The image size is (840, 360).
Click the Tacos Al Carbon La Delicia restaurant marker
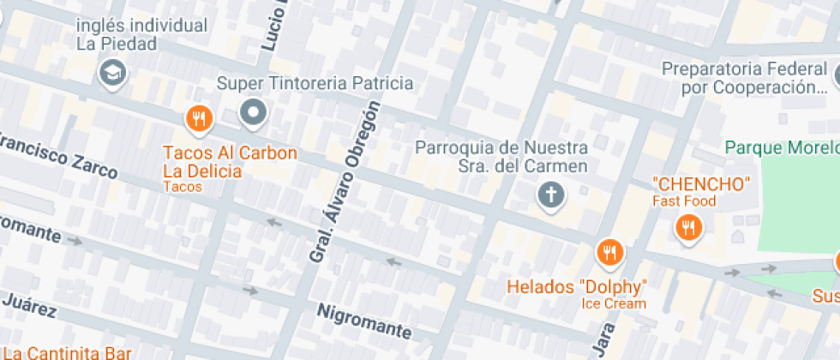tap(199, 119)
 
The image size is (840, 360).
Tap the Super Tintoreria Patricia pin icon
tap(253, 112)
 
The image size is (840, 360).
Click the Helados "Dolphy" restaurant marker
tap(609, 252)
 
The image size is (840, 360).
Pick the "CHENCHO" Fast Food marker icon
tap(688, 227)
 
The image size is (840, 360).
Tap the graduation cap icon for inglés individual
tap(112, 73)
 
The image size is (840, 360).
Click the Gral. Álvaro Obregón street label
tap(344, 181)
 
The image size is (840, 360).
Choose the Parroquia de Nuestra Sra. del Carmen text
tap(501, 157)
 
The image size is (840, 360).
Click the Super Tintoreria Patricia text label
tap(315, 83)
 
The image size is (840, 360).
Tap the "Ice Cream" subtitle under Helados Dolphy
tap(614, 303)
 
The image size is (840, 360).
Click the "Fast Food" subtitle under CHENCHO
tap(683, 201)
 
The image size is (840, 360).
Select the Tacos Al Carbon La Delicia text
tap(230, 162)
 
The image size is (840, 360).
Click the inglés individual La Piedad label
tap(141, 34)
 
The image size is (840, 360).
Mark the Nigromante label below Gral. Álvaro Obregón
tap(364, 321)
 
